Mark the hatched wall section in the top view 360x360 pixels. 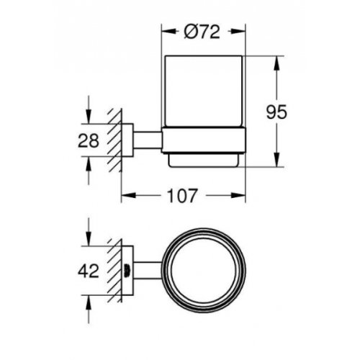click(112, 271)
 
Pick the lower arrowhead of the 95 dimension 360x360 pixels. click(276, 162)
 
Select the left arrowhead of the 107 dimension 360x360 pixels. click(125, 195)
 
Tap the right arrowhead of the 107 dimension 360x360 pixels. click(243, 195)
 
